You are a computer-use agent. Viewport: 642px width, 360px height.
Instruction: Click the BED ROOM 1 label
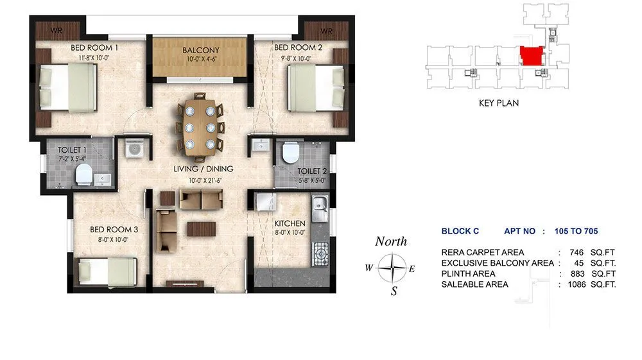(95, 47)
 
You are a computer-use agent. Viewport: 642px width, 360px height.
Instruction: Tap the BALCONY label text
(200, 50)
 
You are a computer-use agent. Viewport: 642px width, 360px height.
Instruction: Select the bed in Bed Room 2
(313, 89)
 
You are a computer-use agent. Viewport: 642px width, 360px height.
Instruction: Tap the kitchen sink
(319, 207)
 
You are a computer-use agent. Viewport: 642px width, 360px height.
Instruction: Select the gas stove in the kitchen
(319, 255)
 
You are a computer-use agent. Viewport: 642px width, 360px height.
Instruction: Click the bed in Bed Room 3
(107, 271)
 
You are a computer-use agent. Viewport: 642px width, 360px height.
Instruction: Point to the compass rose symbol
(391, 268)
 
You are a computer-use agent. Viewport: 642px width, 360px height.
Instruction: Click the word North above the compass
(391, 241)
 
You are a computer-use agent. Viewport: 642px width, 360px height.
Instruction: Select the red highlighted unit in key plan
(531, 56)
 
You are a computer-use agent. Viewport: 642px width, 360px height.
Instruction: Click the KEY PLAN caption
(498, 103)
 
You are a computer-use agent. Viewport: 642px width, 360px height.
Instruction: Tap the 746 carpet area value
(576, 252)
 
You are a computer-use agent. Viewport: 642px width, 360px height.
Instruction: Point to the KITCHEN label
(290, 223)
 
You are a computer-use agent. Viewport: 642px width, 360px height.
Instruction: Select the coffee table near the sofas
(201, 228)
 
